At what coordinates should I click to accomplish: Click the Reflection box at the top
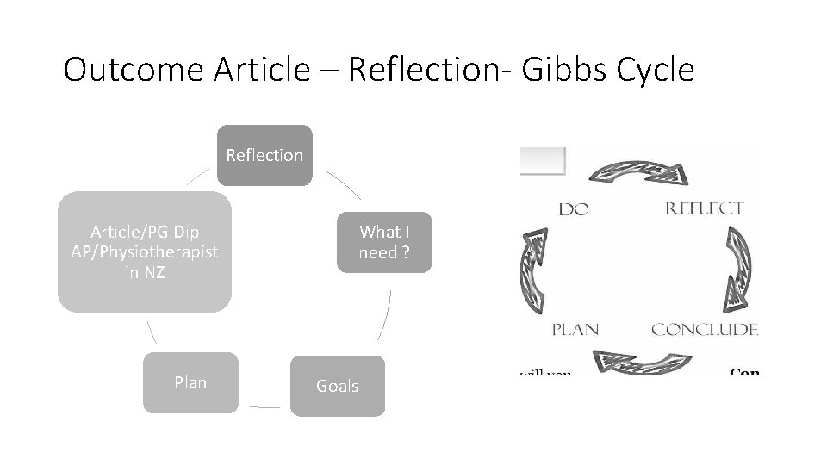tap(264, 155)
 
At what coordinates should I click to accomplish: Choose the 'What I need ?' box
tap(384, 242)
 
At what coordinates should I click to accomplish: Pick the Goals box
tap(338, 386)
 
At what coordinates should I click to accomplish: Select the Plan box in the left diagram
tap(190, 382)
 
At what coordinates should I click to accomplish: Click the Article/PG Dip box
tap(145, 251)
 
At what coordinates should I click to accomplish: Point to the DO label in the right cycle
tap(574, 209)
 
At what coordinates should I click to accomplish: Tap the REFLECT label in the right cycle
tap(703, 208)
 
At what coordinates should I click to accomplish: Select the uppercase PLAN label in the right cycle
tap(575, 329)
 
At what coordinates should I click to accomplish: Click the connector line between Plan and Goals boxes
tap(264, 405)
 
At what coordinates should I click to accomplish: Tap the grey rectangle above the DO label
tap(543, 161)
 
